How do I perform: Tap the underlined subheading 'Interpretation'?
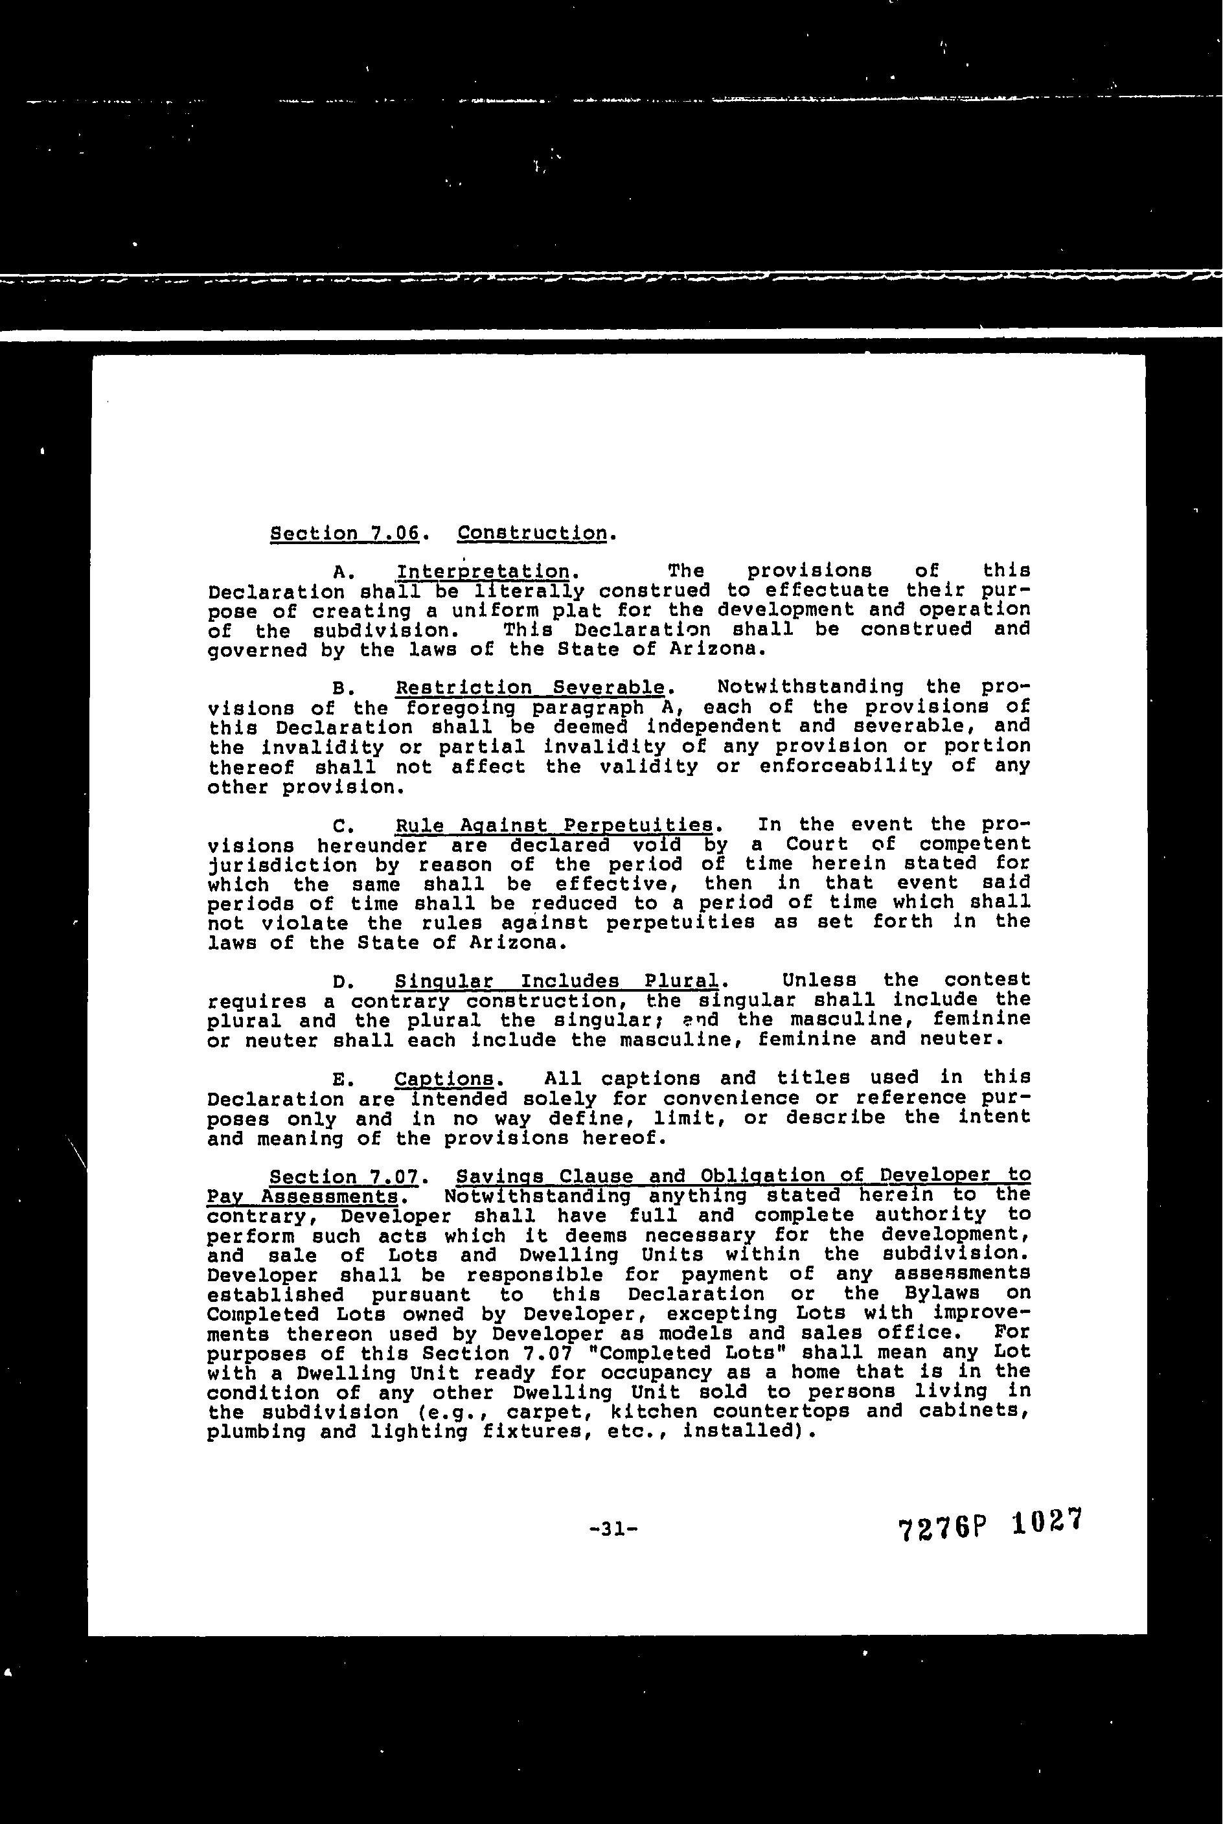click(483, 571)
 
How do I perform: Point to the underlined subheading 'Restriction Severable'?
click(531, 688)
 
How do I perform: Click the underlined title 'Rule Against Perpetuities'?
click(554, 825)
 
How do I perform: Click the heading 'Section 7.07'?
click(345, 1176)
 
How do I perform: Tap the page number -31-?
click(615, 1530)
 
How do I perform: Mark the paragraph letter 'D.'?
click(344, 981)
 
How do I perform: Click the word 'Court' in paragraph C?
click(817, 845)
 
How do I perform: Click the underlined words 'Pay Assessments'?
click(303, 1196)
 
